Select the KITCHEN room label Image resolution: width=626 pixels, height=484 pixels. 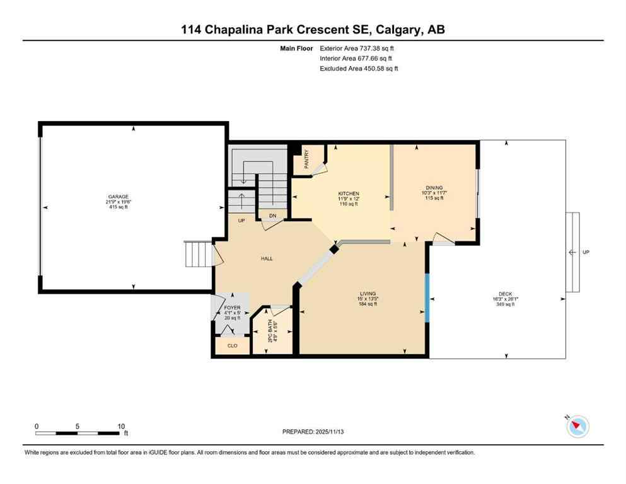(x=349, y=193)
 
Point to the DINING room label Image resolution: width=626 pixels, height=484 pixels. (x=434, y=187)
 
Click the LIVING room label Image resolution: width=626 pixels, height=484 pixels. (x=368, y=294)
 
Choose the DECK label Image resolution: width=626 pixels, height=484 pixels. (x=505, y=294)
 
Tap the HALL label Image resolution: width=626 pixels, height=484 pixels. (x=267, y=258)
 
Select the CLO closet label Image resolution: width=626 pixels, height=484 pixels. (x=232, y=345)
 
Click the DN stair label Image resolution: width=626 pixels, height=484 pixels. (x=272, y=216)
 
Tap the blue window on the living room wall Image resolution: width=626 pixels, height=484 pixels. (x=427, y=297)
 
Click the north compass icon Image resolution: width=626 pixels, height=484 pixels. (x=577, y=427)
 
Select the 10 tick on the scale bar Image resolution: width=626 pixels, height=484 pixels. (x=121, y=426)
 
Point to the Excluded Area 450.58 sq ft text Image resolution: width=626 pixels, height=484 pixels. (x=359, y=69)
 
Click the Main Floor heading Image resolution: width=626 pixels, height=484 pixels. (x=296, y=48)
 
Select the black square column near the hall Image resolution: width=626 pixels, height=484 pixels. (x=334, y=250)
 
